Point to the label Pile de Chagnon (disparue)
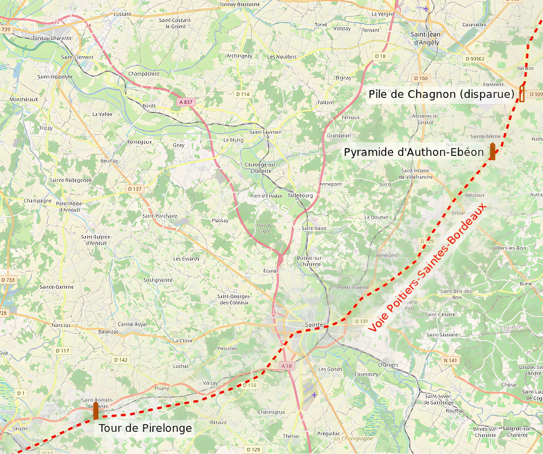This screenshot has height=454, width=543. point(441,94)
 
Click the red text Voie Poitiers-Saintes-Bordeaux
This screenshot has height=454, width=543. point(428,268)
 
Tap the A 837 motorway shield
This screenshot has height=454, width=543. point(186,102)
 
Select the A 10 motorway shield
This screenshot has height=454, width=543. point(286,366)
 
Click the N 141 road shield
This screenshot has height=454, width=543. point(450,360)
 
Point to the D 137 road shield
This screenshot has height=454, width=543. point(135,189)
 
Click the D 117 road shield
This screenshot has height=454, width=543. point(63,351)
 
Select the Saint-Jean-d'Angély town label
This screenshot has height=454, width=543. point(425,39)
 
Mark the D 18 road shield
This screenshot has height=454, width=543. point(380,56)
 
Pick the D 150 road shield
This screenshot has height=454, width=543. point(421,78)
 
